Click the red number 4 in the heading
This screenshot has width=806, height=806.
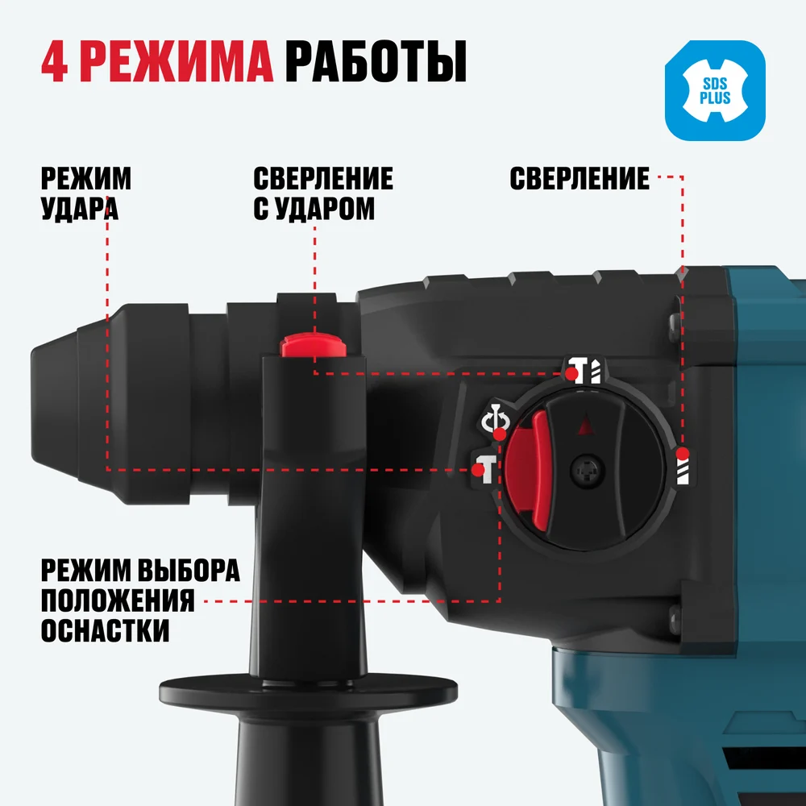54,62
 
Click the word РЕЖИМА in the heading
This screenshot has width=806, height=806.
177,62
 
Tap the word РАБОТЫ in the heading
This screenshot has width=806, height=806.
376,62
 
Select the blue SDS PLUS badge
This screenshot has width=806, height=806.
715,90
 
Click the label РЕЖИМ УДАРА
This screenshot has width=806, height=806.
86,193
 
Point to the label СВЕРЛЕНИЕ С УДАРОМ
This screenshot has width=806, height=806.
323,193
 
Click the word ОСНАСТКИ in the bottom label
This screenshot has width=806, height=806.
105,629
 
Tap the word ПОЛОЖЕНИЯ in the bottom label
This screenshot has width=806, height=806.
118,600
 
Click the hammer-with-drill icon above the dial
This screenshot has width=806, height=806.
584,370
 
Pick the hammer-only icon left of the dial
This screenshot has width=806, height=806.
484,467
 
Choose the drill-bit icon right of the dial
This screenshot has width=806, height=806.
682,466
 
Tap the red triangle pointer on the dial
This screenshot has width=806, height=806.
584,425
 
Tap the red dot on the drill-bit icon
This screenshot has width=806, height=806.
682,454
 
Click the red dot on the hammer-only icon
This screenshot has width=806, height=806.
479,470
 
